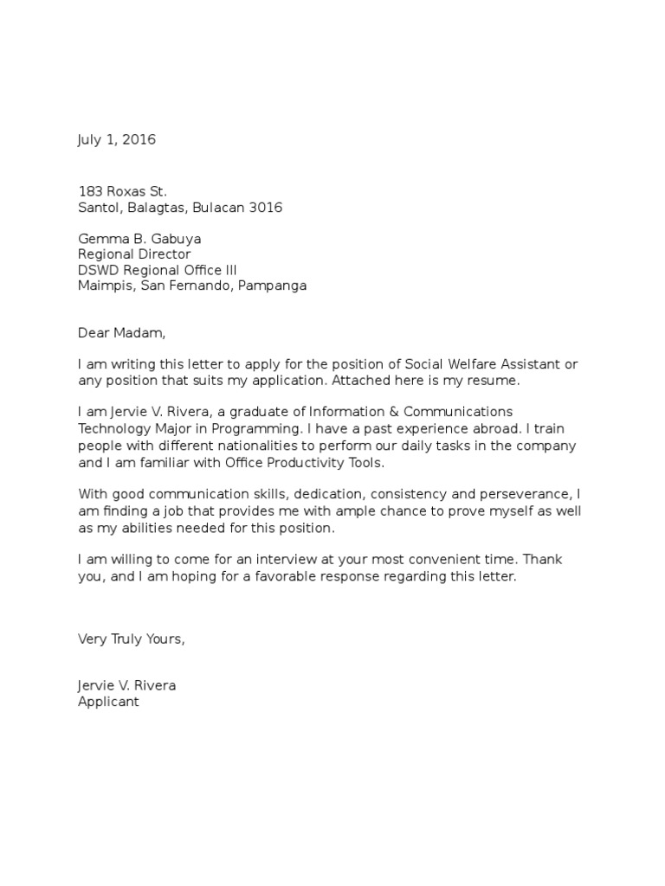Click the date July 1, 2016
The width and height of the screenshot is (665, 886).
click(x=117, y=139)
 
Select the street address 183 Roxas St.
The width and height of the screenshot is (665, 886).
click(x=122, y=191)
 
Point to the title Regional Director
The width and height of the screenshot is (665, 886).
click(x=134, y=254)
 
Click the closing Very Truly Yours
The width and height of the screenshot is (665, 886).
click(x=132, y=639)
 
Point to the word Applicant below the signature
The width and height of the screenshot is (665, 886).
click(x=108, y=702)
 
